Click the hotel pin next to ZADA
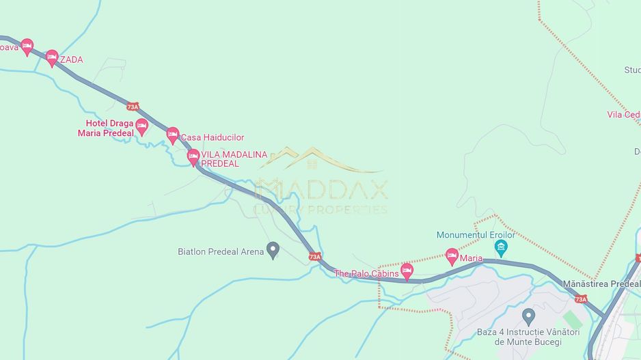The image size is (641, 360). (x=52, y=58)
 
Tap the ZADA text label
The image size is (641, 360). (x=72, y=60)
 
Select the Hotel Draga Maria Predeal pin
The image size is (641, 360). (x=141, y=126)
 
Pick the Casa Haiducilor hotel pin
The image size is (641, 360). (x=172, y=135)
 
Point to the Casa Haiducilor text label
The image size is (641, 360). (x=212, y=138)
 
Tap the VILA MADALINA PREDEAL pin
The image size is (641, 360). (x=193, y=157)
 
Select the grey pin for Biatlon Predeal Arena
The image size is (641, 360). (x=273, y=250)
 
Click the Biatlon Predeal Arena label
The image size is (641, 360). (x=220, y=252)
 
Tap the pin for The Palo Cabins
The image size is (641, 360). (x=407, y=271)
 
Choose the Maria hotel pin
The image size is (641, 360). (x=451, y=256)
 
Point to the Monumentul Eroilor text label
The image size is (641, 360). (x=476, y=235)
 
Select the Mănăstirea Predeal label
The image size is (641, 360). (x=601, y=284)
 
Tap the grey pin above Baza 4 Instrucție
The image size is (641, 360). (x=528, y=316)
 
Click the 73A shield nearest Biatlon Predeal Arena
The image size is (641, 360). (x=314, y=257)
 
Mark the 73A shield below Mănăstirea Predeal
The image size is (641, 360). (x=580, y=299)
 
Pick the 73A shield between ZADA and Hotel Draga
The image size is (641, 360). (x=133, y=107)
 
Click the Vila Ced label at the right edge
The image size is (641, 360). (x=623, y=115)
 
